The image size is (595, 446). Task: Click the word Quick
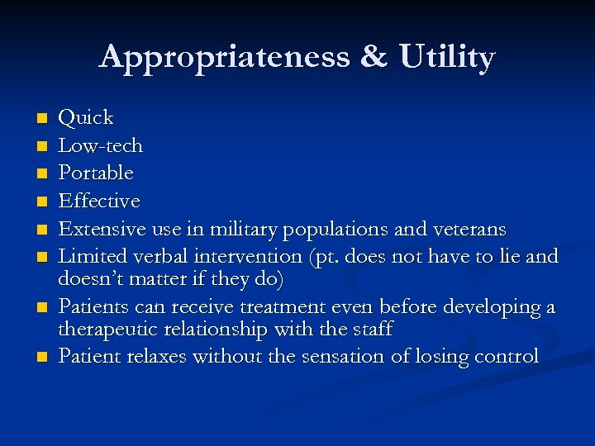(x=87, y=118)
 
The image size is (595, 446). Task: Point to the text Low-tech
(x=102, y=146)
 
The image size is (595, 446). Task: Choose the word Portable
(x=97, y=173)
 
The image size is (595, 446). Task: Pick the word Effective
(x=100, y=202)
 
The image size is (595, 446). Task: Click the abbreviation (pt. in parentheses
(x=327, y=257)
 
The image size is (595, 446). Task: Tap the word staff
(x=372, y=330)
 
